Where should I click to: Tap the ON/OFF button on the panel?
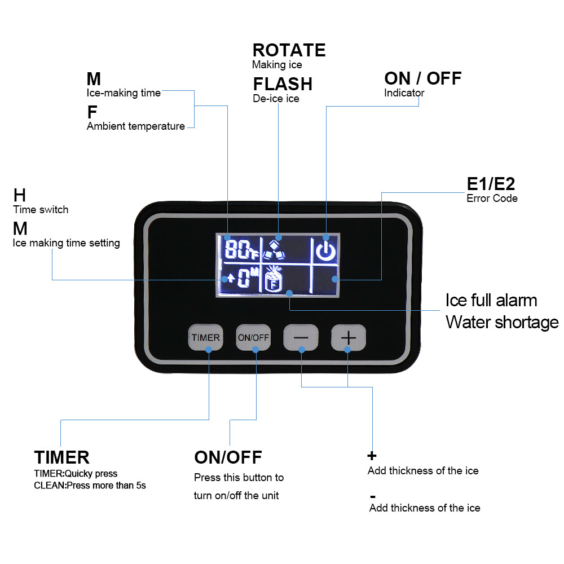point(253,338)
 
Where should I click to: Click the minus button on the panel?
point(301,338)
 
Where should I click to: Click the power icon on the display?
point(325,250)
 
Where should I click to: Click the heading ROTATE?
point(289,50)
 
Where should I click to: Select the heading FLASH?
point(283,84)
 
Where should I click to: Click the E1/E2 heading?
point(491,184)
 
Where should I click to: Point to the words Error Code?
point(492,198)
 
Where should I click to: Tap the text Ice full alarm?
point(491,299)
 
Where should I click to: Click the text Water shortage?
point(502,322)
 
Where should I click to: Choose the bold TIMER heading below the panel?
point(61,457)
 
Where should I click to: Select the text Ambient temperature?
point(135,126)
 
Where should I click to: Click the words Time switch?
point(41,210)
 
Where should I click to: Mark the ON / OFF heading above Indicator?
point(422,78)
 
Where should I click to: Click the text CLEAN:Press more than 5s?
point(90,485)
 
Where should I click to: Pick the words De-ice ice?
point(276,99)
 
